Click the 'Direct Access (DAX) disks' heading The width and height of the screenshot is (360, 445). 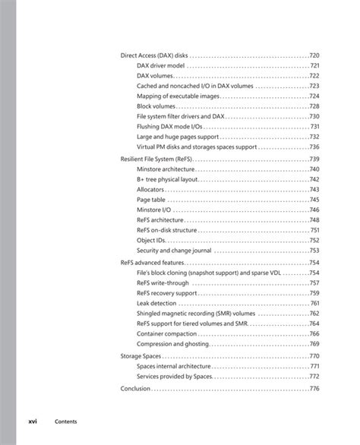[154, 55]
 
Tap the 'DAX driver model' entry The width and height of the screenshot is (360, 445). [161, 66]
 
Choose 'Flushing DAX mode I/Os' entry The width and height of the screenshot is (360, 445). [169, 127]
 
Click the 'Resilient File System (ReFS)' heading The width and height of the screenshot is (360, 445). [156, 159]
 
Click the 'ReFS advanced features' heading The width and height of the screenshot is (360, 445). [153, 263]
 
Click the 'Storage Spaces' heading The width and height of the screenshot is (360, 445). [141, 355]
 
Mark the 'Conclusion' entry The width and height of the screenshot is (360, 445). [136, 388]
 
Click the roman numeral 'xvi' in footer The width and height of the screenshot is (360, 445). [33, 420]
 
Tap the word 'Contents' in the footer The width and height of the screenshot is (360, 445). [65, 420]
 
